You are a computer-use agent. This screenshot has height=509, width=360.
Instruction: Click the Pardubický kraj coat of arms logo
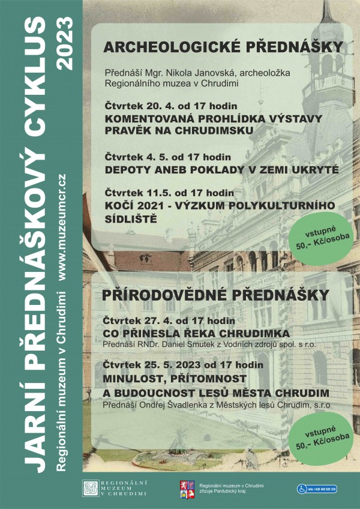pyautogui.click(x=187, y=489)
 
